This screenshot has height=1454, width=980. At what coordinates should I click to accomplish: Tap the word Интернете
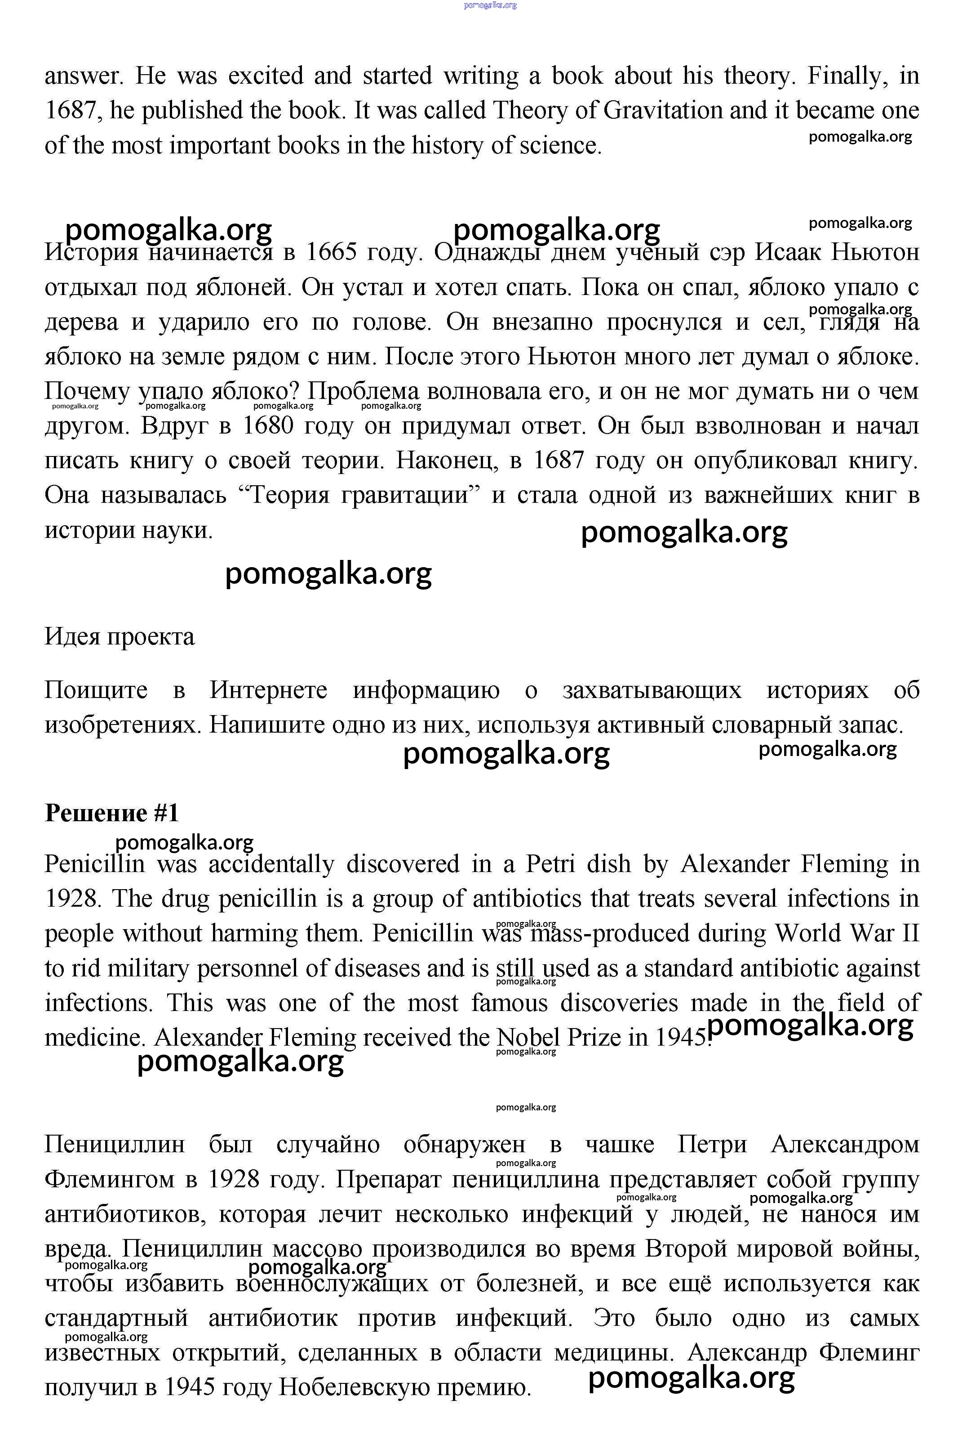[x=268, y=690]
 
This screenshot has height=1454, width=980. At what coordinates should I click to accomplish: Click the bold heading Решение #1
[x=112, y=813]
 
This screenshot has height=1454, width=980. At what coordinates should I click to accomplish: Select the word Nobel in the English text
[x=528, y=1038]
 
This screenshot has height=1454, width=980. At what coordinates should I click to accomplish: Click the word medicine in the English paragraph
[x=94, y=1038]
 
